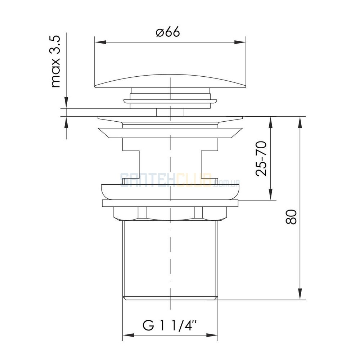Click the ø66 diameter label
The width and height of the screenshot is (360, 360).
click(x=168, y=32)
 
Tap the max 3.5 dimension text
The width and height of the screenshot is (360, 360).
click(x=55, y=61)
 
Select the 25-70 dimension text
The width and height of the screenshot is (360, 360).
click(x=261, y=159)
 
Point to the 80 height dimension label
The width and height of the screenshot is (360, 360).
click(x=291, y=216)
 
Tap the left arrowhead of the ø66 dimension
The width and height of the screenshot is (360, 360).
click(x=100, y=42)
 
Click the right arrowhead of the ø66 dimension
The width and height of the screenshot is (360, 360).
click(x=240, y=42)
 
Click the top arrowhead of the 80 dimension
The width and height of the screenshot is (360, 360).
click(x=300, y=122)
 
